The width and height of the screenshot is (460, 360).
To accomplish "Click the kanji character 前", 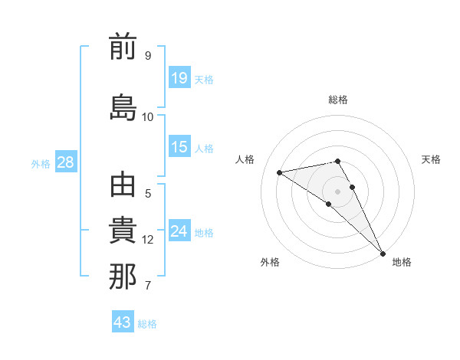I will pyautogui.click(x=123, y=49).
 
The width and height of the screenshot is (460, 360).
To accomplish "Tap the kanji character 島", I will pyautogui.click(x=123, y=106).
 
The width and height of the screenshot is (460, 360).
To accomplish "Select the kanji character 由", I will pyautogui.click(x=123, y=187).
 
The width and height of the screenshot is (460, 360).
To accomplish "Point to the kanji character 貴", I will pyautogui.click(x=123, y=232).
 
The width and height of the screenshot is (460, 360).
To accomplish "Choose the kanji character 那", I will pyautogui.click(x=123, y=277).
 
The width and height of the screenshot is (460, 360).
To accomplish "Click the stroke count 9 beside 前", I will pyautogui.click(x=147, y=56).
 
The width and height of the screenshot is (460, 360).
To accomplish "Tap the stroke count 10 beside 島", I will pyautogui.click(x=147, y=116).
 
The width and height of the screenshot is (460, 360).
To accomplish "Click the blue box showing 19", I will pyautogui.click(x=179, y=77).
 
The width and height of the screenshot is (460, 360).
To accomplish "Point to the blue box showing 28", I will pyautogui.click(x=65, y=162).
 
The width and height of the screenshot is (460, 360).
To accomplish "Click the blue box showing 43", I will pyautogui.click(x=123, y=322).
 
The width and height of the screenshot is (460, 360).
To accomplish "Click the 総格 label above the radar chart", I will pyautogui.click(x=338, y=100).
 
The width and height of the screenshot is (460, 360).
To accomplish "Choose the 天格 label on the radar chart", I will pyautogui.click(x=431, y=159).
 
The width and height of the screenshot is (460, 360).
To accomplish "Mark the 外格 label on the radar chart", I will pyautogui.click(x=270, y=262).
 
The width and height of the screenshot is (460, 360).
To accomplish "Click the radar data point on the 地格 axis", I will pyautogui.click(x=382, y=252).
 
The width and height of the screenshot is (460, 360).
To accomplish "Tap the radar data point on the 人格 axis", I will pyautogui.click(x=280, y=172).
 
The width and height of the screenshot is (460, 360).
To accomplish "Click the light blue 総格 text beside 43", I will pyautogui.click(x=147, y=324).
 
